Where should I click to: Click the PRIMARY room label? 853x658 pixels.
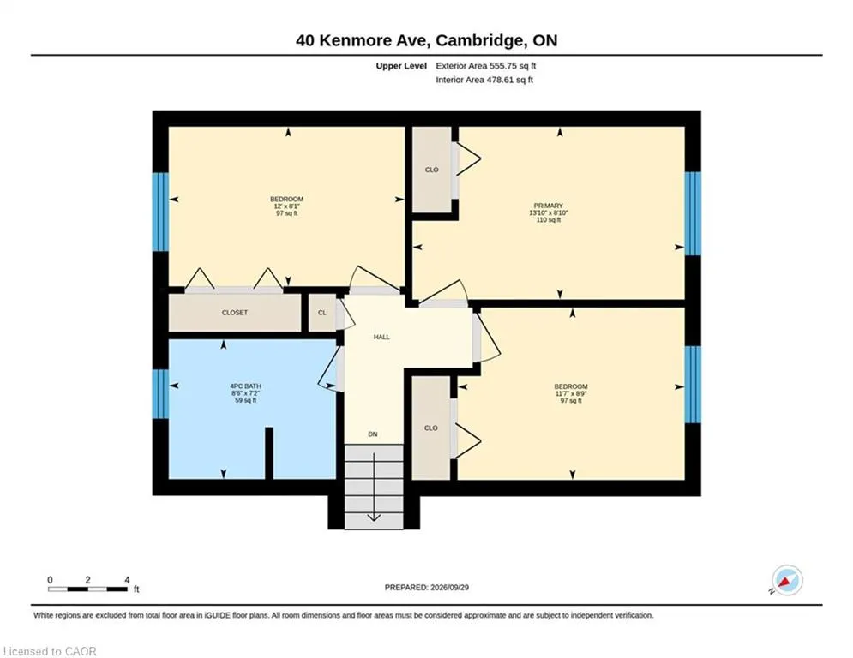(x=548, y=206)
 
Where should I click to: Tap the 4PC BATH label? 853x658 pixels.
(x=245, y=386)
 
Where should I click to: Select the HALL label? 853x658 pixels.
(x=381, y=338)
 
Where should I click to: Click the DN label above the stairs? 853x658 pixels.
(x=373, y=434)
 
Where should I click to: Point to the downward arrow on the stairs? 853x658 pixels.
(x=374, y=487)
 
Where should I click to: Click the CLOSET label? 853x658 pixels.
(x=234, y=313)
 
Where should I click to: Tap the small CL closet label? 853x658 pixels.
(x=322, y=313)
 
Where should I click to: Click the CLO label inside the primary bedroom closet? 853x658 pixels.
(x=431, y=170)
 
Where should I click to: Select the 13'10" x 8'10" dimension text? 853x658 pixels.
(x=548, y=213)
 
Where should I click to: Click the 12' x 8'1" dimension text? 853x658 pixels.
(x=286, y=206)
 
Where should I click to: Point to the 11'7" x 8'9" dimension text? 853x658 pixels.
(x=571, y=394)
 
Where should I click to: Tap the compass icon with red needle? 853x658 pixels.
(x=787, y=580)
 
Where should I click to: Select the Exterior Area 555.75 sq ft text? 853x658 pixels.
(x=486, y=66)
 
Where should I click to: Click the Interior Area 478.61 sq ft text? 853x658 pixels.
(x=484, y=80)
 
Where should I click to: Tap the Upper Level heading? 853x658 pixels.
(x=401, y=66)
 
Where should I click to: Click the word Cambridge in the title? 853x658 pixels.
(x=480, y=40)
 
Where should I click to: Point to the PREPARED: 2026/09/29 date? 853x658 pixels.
(x=427, y=587)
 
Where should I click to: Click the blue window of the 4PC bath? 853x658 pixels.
(x=160, y=394)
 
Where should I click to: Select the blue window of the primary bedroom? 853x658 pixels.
(x=693, y=213)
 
